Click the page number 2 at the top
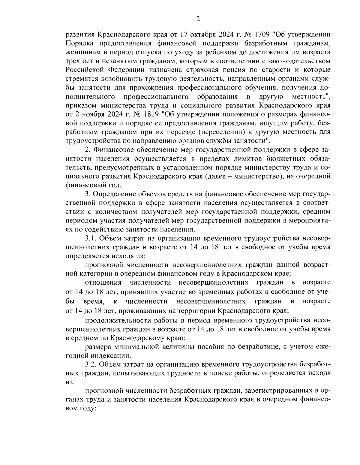coord(198,19)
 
